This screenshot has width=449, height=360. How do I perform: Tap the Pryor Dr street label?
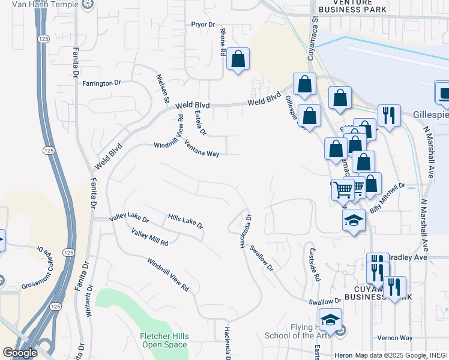pos(203,25)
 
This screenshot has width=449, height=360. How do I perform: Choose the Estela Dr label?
pos(200,122)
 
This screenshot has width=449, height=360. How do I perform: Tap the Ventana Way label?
pos(202,148)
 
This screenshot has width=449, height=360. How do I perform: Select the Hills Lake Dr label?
pos(185,221)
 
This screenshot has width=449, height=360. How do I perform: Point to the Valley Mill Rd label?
pos(149,238)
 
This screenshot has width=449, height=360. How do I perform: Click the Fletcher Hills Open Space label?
pos(163,340)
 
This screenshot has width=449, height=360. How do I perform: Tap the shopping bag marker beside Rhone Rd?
pos(238,59)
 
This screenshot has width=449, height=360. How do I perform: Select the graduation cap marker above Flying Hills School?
pos(330,320)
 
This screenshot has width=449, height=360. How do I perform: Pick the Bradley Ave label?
pos(408,257)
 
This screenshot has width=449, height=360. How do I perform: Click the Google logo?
pos(20,353)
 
